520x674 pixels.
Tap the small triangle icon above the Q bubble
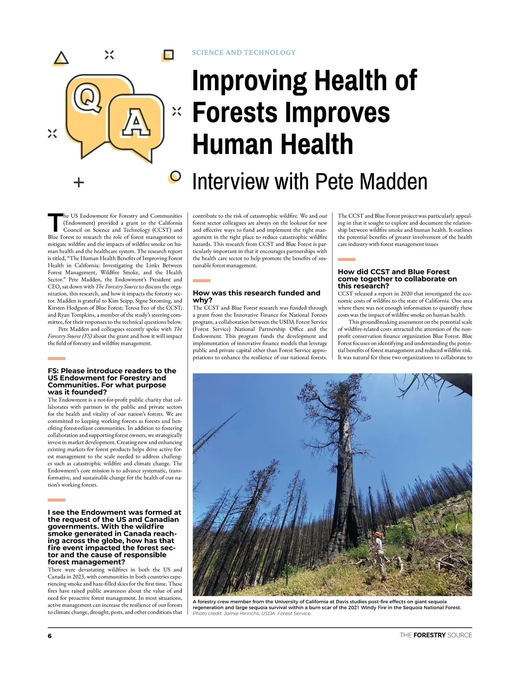[x=62, y=58]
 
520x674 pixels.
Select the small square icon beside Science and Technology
[x=168, y=55]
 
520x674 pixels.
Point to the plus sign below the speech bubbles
[x=78, y=182]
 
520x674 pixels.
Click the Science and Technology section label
[x=244, y=52]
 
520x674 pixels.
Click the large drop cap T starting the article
[x=54, y=222]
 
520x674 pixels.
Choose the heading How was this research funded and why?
[x=257, y=296]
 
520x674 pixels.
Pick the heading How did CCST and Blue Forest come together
[x=397, y=279]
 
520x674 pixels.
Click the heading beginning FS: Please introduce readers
[x=112, y=381]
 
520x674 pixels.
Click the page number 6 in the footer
[x=50, y=635]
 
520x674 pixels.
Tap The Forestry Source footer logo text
[x=435, y=635]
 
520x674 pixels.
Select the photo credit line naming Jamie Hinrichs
[x=252, y=613]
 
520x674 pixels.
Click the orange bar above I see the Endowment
[x=56, y=500]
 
